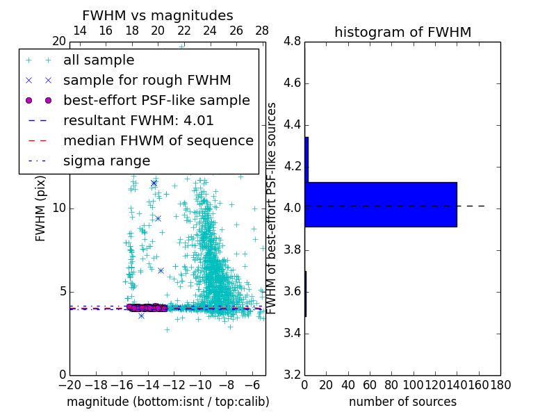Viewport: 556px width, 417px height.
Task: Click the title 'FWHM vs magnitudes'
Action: (x=158, y=16)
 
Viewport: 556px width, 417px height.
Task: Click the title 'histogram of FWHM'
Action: (x=402, y=32)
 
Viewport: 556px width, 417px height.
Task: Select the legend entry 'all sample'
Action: (x=99, y=60)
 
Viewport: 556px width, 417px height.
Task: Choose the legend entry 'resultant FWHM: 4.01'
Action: (x=138, y=120)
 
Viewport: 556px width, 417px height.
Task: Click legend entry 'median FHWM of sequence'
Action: (x=158, y=140)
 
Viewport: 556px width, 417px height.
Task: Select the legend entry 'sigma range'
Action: (x=106, y=161)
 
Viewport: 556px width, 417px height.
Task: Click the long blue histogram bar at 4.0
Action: (x=380, y=204)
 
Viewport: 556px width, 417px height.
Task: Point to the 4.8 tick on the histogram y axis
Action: (x=292, y=42)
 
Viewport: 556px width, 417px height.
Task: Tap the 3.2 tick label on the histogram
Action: (x=292, y=375)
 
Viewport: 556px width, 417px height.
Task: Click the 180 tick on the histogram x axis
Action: (x=500, y=384)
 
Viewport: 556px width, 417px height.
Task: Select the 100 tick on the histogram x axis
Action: (x=414, y=384)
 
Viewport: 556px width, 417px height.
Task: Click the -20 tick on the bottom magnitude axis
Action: (x=69, y=384)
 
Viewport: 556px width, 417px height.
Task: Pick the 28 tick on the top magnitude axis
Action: (x=262, y=31)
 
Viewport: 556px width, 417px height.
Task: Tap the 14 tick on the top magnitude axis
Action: (x=79, y=31)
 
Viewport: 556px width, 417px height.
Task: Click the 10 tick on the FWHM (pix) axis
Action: (x=59, y=208)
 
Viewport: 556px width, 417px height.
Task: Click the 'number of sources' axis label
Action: (x=402, y=402)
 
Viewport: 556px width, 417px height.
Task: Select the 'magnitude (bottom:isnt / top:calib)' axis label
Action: (x=167, y=402)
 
